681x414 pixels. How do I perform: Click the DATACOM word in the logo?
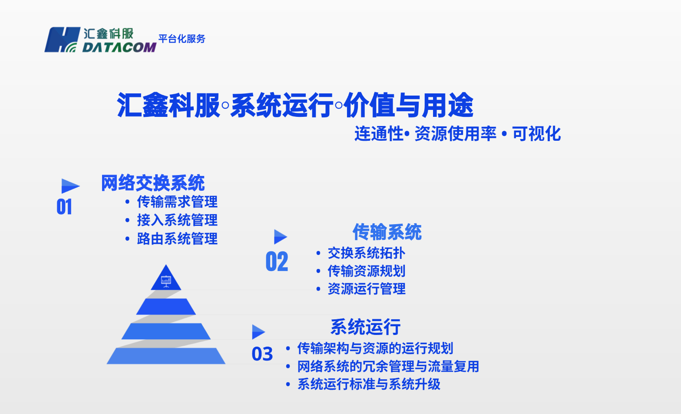pos(119,47)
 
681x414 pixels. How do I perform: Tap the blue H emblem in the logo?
pos(62,40)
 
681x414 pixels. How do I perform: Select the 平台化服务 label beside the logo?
pos(182,39)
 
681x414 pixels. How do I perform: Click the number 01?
pos(64,207)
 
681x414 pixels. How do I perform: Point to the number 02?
pos(277,262)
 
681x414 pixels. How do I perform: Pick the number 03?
pos(262,354)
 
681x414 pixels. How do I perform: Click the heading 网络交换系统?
pos(153,183)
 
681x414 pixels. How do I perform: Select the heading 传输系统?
pos(387,232)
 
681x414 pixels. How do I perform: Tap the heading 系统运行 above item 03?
pos(365,327)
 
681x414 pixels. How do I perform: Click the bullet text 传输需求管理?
pos(177,202)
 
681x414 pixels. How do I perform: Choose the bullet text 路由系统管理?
pos(177,238)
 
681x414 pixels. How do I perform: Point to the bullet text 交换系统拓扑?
pos(367,253)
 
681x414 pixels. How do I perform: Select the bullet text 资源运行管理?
pos(367,288)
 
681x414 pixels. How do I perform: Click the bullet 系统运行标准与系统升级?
pos(369,384)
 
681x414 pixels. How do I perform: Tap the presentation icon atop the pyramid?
pos(166,281)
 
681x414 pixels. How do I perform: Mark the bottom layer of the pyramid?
pos(166,356)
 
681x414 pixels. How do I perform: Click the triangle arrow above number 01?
pos(69,186)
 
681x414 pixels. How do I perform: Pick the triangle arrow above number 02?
pos(280,237)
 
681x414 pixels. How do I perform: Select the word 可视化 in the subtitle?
pos(536,134)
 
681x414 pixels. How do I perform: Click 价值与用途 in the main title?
pos(408,105)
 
